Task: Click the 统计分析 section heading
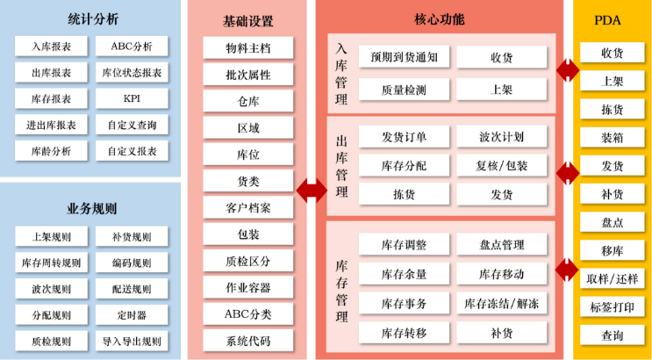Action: click(x=93, y=19)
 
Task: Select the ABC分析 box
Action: click(x=132, y=47)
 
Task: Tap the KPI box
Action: click(x=132, y=98)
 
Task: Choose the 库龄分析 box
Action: click(x=51, y=151)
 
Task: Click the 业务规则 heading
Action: click(x=91, y=208)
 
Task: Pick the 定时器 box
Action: click(x=132, y=315)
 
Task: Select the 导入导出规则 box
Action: click(x=132, y=342)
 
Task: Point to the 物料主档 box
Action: click(x=248, y=48)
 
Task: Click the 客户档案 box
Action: click(x=248, y=207)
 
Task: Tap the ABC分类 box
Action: click(x=248, y=313)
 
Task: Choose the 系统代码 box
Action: click(x=248, y=341)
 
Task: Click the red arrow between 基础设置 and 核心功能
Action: click(x=312, y=191)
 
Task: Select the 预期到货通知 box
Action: click(x=405, y=56)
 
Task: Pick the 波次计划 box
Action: click(x=502, y=136)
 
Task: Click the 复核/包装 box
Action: click(x=502, y=165)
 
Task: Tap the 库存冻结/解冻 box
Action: click(x=502, y=303)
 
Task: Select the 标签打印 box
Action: click(x=613, y=307)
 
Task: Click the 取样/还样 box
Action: click(x=613, y=279)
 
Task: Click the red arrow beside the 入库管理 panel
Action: click(x=568, y=71)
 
